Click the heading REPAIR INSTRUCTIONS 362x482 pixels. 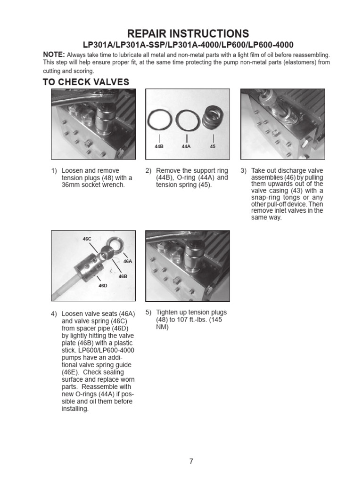click(188, 33)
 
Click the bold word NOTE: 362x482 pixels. click(54, 55)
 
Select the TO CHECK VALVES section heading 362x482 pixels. click(86, 82)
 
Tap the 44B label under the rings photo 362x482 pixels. click(158, 147)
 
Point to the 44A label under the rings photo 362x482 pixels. click(187, 147)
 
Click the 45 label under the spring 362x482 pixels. click(213, 147)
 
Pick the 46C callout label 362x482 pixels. click(87, 239)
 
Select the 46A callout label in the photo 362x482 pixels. click(127, 261)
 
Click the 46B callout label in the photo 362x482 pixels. click(123, 276)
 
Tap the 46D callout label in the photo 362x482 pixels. click(103, 285)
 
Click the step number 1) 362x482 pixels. click(54, 170)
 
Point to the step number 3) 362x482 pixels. click(244, 170)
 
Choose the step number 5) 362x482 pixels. click(148, 312)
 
